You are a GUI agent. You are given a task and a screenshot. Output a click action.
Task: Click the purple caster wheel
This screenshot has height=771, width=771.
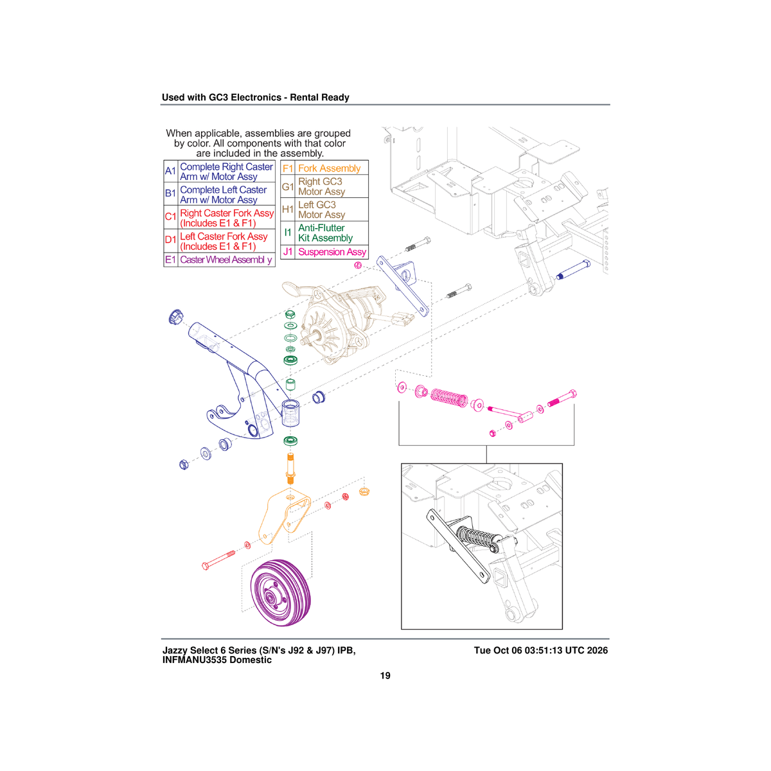(281, 592)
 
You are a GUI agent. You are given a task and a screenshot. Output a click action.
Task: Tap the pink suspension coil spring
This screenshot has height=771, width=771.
(449, 398)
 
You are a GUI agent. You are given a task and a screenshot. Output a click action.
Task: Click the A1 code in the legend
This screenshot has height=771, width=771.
(170, 172)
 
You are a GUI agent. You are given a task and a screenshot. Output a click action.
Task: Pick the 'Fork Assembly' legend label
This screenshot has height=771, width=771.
(330, 168)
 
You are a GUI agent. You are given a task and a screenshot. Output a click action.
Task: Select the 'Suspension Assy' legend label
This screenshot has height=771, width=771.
(332, 252)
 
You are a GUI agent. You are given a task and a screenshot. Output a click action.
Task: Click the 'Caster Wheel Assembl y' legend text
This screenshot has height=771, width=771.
(226, 260)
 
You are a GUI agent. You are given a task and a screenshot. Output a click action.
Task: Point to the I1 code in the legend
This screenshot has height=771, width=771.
(288, 233)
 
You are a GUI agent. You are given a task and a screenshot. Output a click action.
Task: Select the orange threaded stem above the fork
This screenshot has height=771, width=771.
(290, 468)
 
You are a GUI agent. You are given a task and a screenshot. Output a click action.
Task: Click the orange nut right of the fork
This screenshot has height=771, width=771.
(364, 492)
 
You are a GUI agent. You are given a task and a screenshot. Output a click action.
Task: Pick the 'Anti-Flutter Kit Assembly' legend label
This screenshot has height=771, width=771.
(325, 233)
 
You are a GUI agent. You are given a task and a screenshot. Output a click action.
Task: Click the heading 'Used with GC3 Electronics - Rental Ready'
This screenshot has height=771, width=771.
(255, 98)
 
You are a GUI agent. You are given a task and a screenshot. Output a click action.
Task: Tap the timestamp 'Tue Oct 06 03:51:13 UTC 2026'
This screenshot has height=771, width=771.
(540, 651)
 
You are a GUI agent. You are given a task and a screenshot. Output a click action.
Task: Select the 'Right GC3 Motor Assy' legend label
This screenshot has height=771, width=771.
(321, 186)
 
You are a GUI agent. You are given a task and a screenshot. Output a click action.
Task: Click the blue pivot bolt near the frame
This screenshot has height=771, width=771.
(573, 270)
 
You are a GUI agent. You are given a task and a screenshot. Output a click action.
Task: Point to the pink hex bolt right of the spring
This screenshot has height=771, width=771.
(562, 398)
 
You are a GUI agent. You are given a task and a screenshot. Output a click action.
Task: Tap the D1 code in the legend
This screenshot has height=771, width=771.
(170, 240)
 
